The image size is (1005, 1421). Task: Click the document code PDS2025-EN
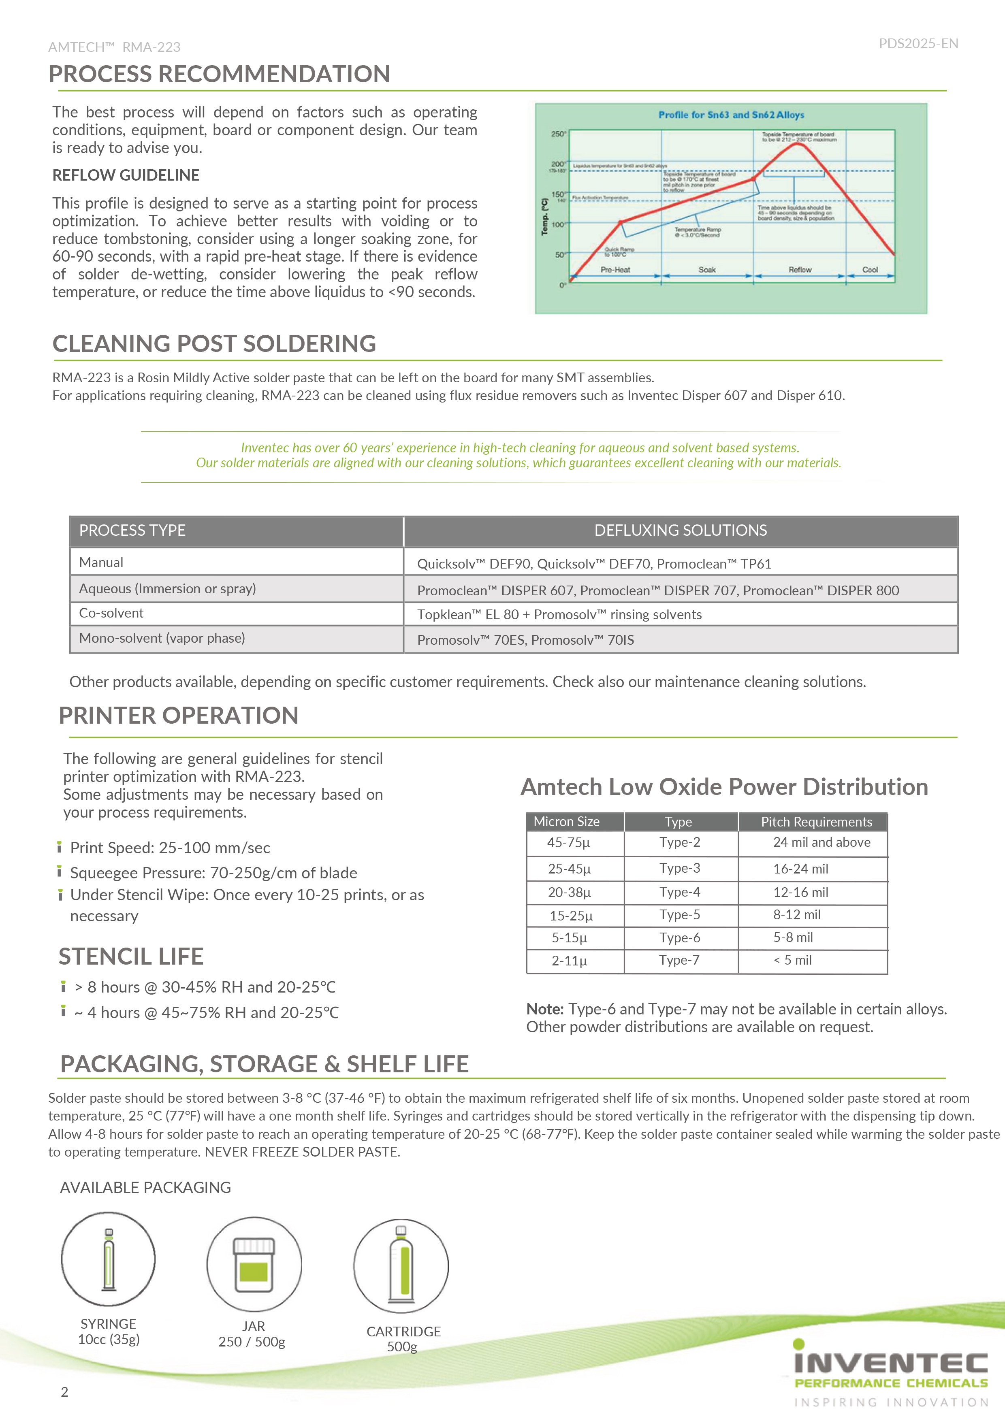[918, 43]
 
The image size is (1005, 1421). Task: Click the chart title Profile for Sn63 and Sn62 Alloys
[731, 115]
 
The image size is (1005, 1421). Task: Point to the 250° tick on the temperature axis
[558, 134]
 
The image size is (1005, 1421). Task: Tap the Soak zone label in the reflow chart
[707, 270]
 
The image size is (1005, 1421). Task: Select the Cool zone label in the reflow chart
[870, 270]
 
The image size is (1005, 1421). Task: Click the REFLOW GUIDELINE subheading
[126, 175]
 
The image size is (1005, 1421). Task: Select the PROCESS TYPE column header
[132, 530]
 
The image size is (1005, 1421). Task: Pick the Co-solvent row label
[111, 613]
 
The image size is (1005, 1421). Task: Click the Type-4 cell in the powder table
[679, 892]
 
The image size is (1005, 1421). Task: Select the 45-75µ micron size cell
[568, 842]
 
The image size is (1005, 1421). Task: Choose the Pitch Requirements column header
[816, 822]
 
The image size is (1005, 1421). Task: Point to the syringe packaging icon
[109, 1259]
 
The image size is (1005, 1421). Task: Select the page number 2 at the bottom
[64, 1392]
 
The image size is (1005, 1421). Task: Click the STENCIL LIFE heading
[131, 956]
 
